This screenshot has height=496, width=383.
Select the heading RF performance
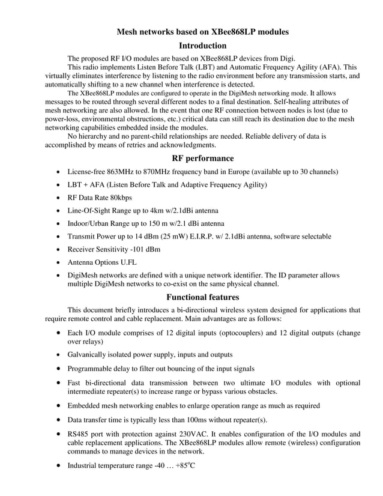click(202, 158)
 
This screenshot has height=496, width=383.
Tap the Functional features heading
click(202, 297)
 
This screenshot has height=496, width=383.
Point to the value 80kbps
click(118, 198)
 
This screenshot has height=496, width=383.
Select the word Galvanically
click(91, 355)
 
